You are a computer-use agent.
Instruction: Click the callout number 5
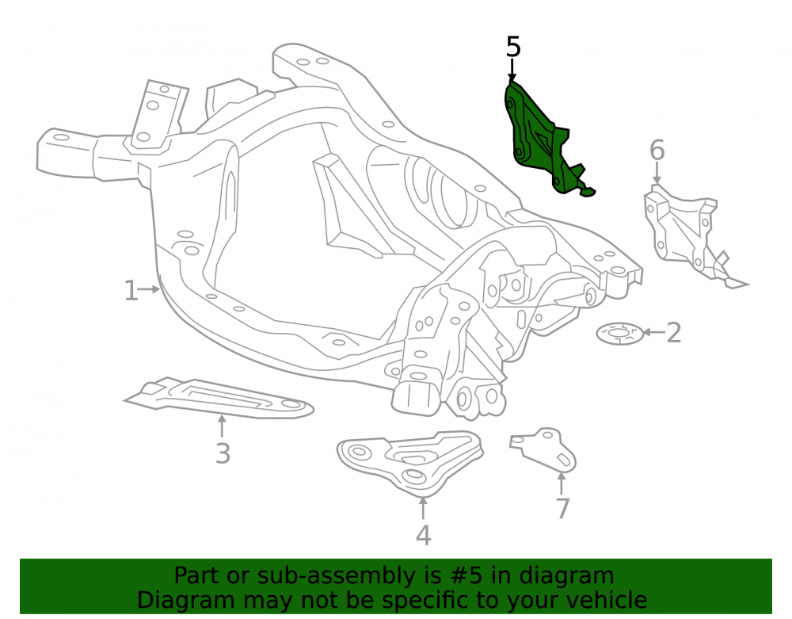[513, 47]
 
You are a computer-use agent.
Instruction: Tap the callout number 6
[657, 151]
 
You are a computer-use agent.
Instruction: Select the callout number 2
[674, 333]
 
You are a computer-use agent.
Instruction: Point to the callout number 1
[131, 291]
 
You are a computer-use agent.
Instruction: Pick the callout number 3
[223, 453]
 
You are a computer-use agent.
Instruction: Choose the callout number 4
[423, 535]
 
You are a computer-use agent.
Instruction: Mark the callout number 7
[562, 508]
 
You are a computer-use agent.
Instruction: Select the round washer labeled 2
[620, 334]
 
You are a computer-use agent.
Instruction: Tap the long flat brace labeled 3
[219, 399]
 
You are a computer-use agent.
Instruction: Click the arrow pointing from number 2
[654, 332]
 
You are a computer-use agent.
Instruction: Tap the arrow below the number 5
[512, 70]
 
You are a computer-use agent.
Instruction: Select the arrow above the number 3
[221, 426]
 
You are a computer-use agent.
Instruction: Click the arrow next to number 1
[150, 289]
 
